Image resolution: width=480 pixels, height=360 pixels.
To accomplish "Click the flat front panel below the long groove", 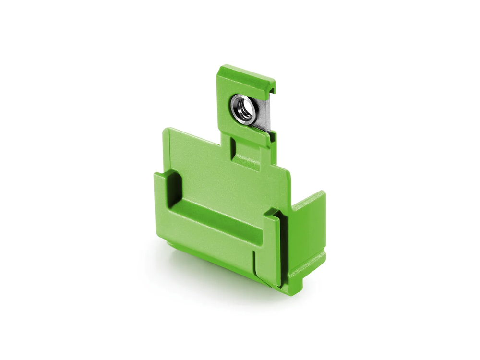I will [211, 245].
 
